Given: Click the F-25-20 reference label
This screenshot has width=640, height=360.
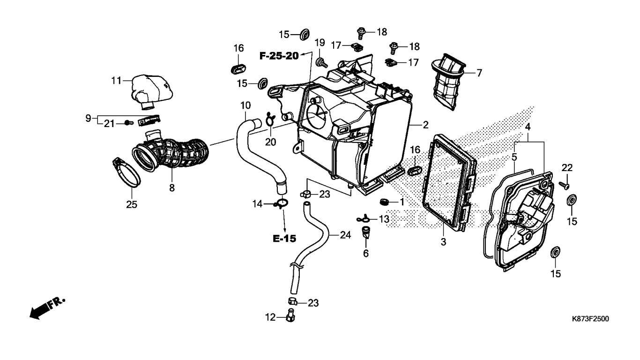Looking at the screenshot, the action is [279, 56].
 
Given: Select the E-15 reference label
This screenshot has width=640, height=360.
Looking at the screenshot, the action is [284, 239].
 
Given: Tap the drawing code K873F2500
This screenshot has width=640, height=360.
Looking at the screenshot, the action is [590, 319].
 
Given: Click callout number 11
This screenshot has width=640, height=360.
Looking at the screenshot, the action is [116, 81].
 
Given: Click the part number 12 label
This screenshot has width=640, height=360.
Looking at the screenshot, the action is [270, 317].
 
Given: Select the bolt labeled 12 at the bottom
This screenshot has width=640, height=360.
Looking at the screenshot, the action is [290, 315].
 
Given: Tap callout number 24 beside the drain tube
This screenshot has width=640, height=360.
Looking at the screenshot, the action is [345, 235].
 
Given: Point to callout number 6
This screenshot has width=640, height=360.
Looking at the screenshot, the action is [366, 253].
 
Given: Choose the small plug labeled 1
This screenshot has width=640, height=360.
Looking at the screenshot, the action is [384, 202].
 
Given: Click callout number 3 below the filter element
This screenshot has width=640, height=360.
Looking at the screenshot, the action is [443, 242].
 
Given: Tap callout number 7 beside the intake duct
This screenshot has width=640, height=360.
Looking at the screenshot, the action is [479, 73].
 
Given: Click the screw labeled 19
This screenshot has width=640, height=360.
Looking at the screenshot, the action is [321, 62].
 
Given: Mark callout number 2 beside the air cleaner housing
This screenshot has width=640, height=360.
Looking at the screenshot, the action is [426, 125].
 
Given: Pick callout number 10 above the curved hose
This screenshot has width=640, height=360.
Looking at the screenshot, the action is [246, 105].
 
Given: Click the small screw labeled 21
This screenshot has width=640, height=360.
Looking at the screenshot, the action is [129, 123].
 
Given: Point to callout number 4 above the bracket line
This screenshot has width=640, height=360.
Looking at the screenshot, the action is [528, 127].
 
